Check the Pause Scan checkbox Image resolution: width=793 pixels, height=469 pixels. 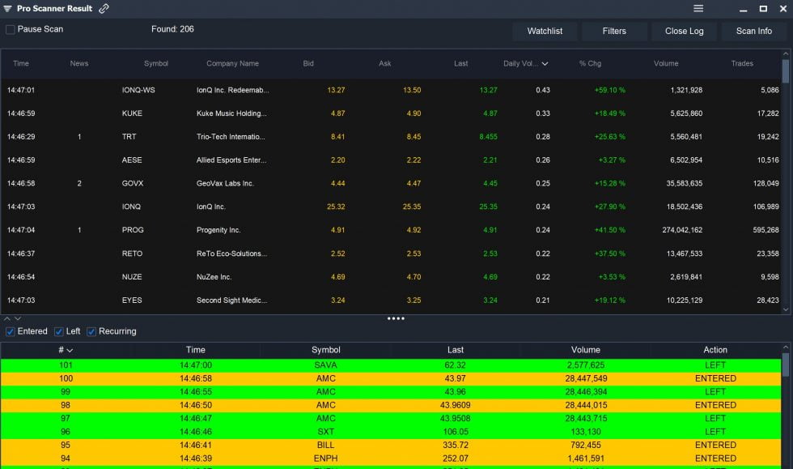click(x=11, y=30)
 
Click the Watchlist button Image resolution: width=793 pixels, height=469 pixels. click(x=545, y=31)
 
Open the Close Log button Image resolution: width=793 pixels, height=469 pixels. click(x=684, y=31)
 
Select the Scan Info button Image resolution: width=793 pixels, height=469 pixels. click(x=753, y=31)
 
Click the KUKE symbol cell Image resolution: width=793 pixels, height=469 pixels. click(x=132, y=113)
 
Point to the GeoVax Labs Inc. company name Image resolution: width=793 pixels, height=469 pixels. click(x=225, y=184)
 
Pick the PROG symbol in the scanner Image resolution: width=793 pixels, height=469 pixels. click(x=133, y=230)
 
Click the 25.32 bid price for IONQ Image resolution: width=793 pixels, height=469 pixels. click(x=336, y=207)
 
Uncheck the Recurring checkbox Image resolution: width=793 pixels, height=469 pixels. click(x=91, y=331)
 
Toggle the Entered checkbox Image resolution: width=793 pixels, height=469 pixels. click(x=10, y=331)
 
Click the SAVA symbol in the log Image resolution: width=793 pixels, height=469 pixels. click(x=325, y=365)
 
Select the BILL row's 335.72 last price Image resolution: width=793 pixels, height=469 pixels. click(x=456, y=445)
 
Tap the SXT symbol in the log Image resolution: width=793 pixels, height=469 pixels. click(x=325, y=432)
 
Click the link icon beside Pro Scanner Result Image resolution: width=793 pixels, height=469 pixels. click(x=104, y=9)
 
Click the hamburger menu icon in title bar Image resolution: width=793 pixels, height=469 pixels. click(x=698, y=8)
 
